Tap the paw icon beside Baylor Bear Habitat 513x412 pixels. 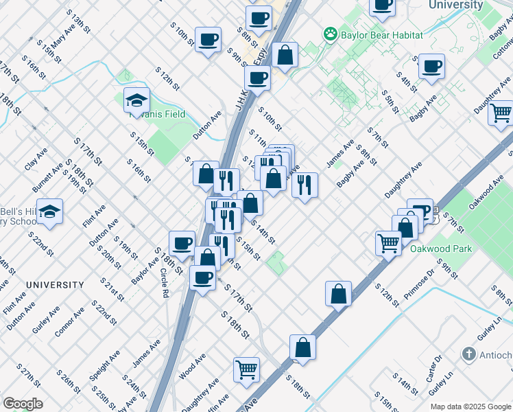[331, 34]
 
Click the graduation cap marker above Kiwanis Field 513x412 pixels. [136, 100]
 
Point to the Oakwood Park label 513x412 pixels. [441, 249]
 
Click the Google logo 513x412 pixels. [23, 403]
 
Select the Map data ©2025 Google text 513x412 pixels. [470, 407]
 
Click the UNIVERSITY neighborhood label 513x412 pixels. [55, 284]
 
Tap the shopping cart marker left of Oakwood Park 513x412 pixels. [388, 242]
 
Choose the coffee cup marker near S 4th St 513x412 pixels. [431, 67]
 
